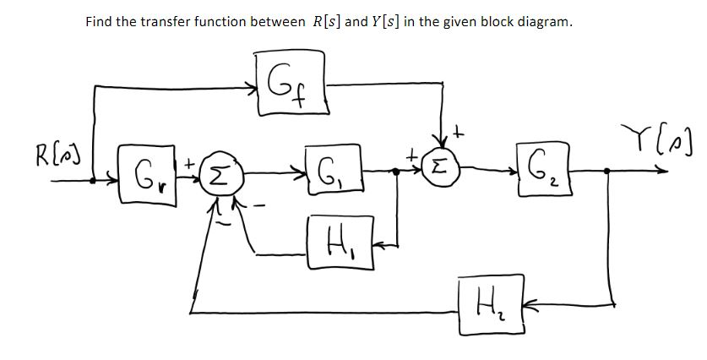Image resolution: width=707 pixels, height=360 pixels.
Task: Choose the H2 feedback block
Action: point(484,297)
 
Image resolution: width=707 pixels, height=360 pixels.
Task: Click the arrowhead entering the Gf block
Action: point(253,85)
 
